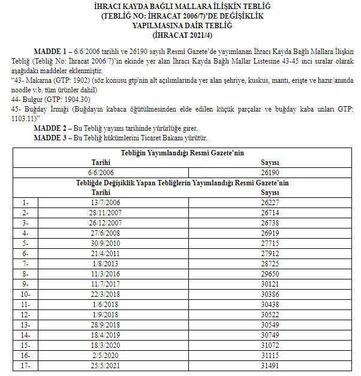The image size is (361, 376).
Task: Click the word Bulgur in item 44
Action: point(33,100)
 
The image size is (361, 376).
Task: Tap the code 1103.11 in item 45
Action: point(23,119)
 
